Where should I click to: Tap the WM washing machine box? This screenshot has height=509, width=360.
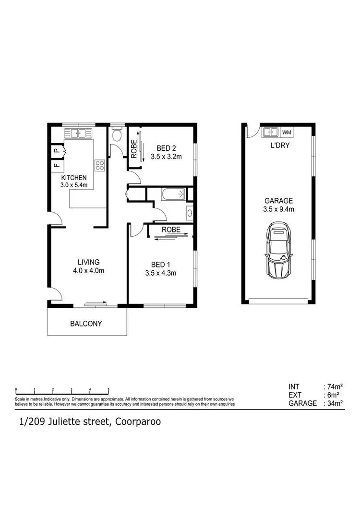[x=287, y=132]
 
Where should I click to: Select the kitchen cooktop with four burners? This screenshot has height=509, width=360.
[x=100, y=166]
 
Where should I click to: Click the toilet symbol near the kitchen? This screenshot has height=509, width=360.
[x=116, y=135]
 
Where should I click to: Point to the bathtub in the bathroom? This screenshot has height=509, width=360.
[x=173, y=194]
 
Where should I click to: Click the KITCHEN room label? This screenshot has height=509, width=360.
[x=73, y=177]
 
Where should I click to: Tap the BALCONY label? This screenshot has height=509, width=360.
[x=86, y=324]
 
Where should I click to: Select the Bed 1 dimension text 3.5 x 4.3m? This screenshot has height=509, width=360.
[x=161, y=273]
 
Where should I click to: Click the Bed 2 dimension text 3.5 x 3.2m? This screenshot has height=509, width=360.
[x=167, y=157]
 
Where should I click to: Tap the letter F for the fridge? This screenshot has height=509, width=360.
[x=56, y=166]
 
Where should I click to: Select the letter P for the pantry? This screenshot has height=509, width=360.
[x=56, y=151]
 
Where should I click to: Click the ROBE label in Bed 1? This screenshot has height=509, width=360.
[x=171, y=230]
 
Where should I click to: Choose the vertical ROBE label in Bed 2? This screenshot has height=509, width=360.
[x=134, y=148]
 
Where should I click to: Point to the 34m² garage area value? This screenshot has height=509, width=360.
[x=334, y=403]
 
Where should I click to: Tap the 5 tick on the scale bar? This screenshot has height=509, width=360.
[x=108, y=389]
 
